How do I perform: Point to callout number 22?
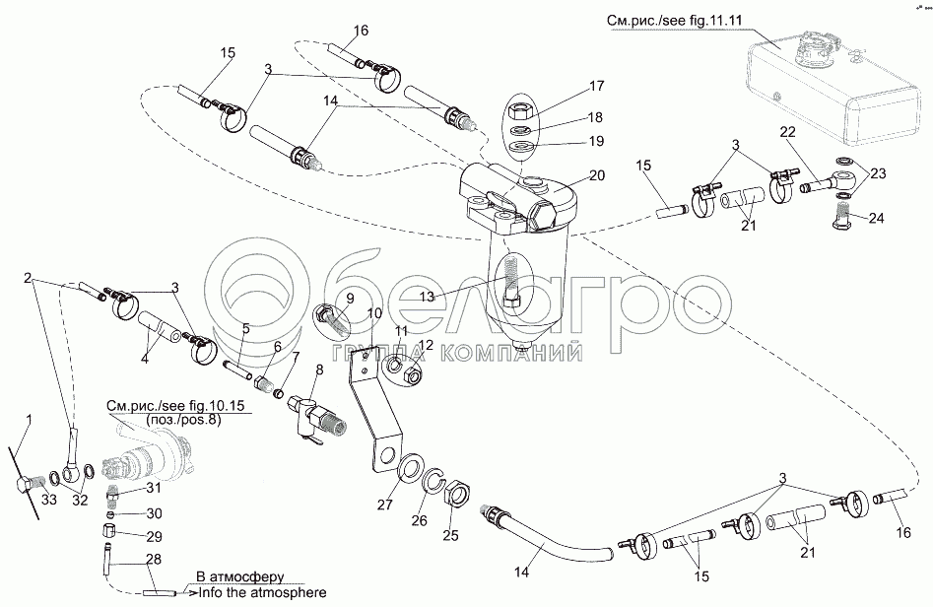pos(787,133)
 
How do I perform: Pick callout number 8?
pos(318,371)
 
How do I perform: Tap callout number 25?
pos(450,535)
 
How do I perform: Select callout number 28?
pos(152,559)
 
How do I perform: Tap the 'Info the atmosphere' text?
pos(262,593)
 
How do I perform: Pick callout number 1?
pos(29,420)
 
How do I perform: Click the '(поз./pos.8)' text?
pos(184,420)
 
